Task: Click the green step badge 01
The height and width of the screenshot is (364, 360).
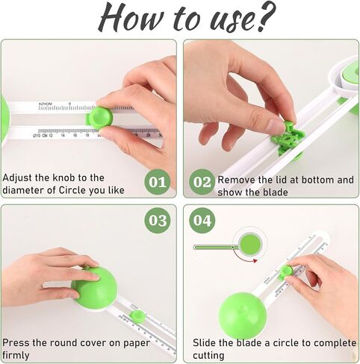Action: (158, 182)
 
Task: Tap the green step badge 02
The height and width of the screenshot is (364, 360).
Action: (202, 182)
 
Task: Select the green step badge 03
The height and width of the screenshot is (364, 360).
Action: (158, 220)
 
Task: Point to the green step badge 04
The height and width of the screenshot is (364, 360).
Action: (202, 220)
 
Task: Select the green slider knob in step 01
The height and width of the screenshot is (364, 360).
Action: (100, 117)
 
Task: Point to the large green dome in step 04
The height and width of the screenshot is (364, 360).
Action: (243, 316)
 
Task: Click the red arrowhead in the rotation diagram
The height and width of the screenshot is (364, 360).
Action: (255, 261)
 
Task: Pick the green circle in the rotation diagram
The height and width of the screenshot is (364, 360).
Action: (249, 244)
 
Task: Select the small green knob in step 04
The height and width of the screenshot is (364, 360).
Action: (287, 272)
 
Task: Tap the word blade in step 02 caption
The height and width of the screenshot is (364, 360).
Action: (276, 192)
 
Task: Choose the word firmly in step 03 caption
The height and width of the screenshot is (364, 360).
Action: (16, 355)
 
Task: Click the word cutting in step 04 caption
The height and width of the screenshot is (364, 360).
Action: (208, 356)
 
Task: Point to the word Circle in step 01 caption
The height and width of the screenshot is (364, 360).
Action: (72, 190)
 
